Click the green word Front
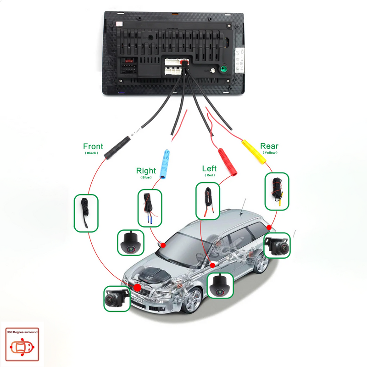93,146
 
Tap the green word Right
146,171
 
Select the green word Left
209,168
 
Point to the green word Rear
269,146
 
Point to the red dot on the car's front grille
137,288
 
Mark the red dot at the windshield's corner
162,245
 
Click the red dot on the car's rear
269,227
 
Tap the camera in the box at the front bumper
117,299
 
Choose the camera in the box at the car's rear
278,246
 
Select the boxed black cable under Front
86,212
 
